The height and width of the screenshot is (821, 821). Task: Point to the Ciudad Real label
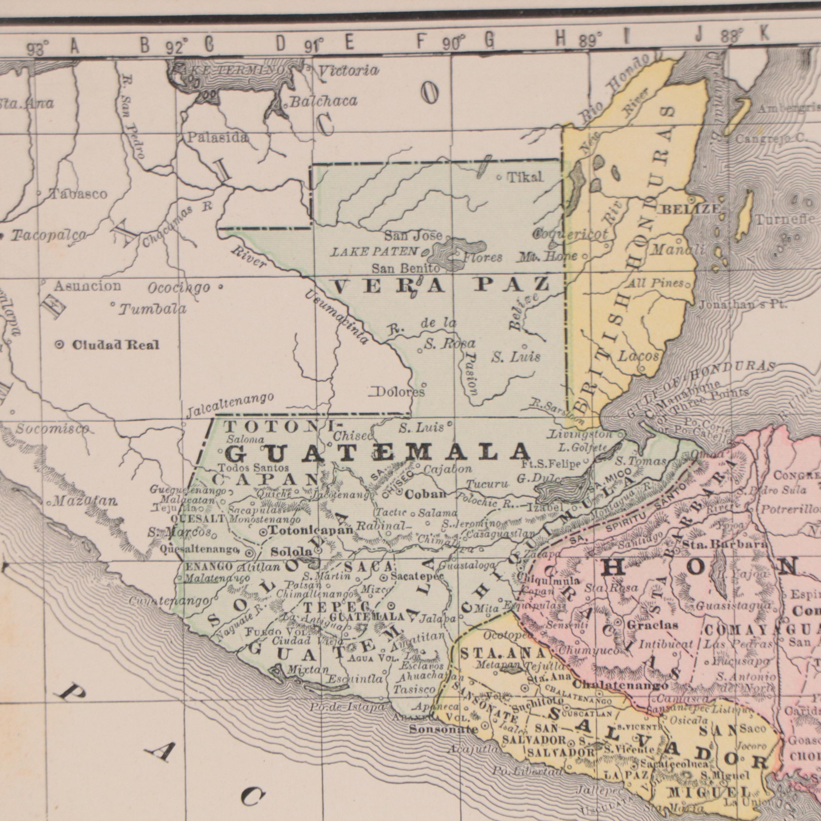pyautogui.click(x=116, y=345)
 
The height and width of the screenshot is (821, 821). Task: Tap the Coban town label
pyautogui.click(x=426, y=494)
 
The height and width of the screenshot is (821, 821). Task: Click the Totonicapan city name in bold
pyautogui.click(x=312, y=530)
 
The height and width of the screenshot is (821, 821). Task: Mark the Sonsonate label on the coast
pyautogui.click(x=443, y=730)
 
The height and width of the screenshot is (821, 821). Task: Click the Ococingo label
pyautogui.click(x=179, y=288)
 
